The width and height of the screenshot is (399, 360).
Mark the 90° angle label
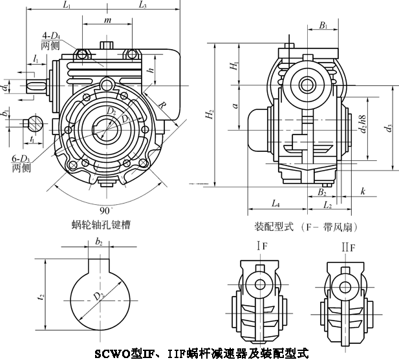[x=105, y=210]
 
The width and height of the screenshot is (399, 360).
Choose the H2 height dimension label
[x=209, y=116]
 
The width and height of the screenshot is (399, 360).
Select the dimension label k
[x=363, y=192]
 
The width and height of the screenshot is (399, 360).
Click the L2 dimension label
[x=327, y=206]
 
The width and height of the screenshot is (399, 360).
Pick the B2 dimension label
[x=321, y=193]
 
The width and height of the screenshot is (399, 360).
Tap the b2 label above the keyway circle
[x=98, y=242]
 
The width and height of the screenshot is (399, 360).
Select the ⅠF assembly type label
[x=261, y=246]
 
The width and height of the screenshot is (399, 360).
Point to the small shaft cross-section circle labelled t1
[x=33, y=123]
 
